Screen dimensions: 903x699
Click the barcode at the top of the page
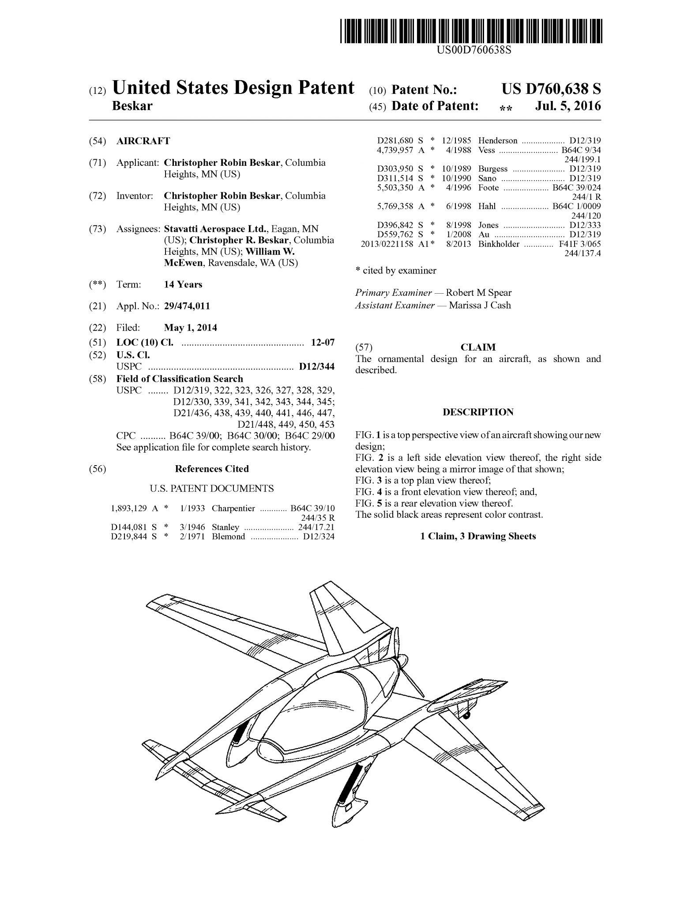point(471,31)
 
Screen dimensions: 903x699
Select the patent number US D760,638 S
point(551,90)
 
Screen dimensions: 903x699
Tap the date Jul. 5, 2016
point(568,106)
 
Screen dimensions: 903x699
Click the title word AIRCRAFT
point(143,141)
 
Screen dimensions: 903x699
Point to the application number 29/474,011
point(187,306)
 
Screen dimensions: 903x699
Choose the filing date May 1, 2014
point(190,328)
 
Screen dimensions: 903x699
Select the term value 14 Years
point(183,284)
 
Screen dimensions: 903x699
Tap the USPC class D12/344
point(316,366)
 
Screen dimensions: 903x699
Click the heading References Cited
point(212,469)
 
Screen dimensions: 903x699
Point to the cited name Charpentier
point(233,508)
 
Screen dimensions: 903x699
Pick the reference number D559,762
point(395,235)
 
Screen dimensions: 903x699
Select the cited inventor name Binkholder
point(499,244)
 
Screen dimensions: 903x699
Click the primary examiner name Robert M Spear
point(478,293)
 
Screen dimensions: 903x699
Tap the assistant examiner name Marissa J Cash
point(480,305)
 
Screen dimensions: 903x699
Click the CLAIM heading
point(478,347)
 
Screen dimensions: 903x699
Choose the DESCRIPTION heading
point(478,412)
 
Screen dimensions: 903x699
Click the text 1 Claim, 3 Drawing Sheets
point(478,536)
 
